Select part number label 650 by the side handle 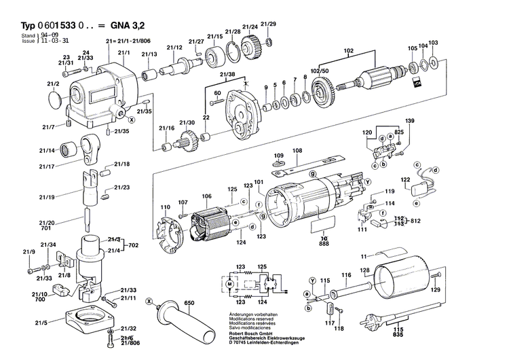[x=189, y=302]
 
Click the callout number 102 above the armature [x=348, y=51]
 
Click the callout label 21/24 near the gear [x=249, y=27]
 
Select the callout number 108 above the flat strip [x=297, y=151]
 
